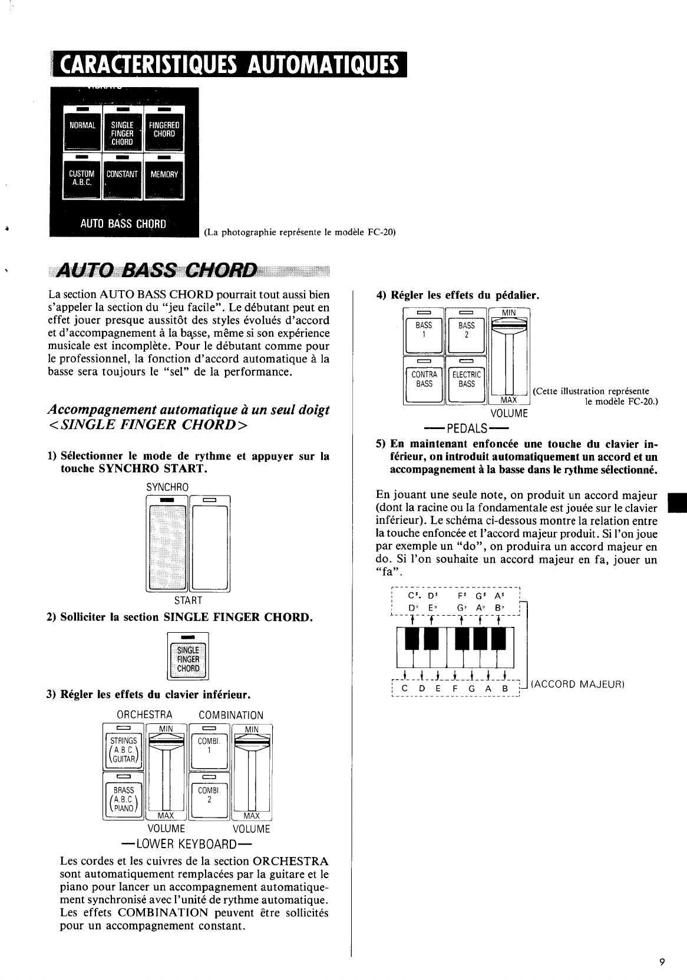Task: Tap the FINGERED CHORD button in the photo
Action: [x=164, y=129]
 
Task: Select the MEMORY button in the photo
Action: [x=164, y=177]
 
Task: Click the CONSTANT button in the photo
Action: [x=122, y=177]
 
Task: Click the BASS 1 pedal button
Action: [x=424, y=331]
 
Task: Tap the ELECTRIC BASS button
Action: [x=466, y=380]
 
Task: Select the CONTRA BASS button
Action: [x=424, y=380]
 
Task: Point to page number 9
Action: [x=662, y=963]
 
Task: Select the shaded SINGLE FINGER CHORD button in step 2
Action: [x=188, y=657]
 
